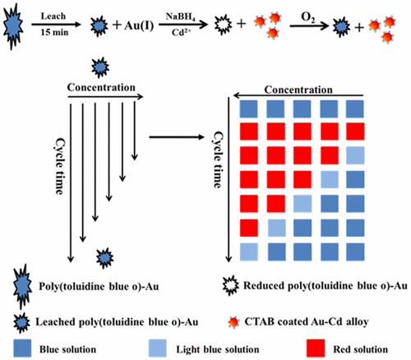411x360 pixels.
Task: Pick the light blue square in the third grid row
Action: coord(354,155)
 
